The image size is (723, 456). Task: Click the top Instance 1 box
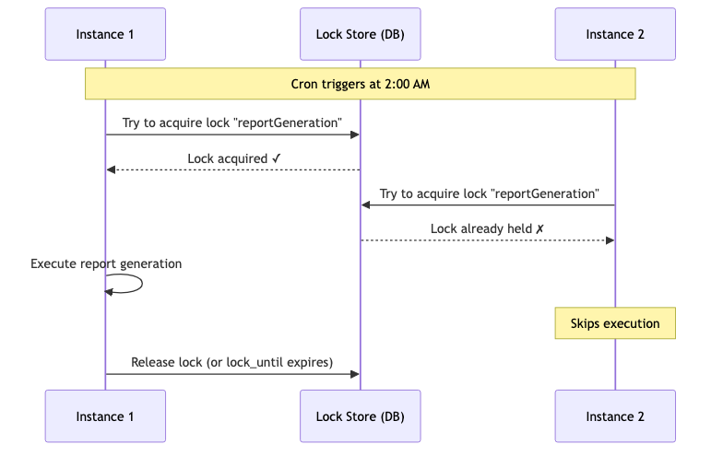[x=105, y=34]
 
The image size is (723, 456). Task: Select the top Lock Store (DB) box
[x=360, y=34]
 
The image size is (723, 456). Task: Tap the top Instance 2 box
[x=615, y=34]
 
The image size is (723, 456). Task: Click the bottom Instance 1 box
[x=105, y=416]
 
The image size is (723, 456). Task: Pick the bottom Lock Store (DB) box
[x=360, y=416]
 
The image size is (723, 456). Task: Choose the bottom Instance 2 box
[x=615, y=416]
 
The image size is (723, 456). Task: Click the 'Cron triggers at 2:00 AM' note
[x=360, y=84]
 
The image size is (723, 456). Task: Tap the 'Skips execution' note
[x=615, y=323]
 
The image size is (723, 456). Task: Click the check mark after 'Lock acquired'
[x=277, y=158]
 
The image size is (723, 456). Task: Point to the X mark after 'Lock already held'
[x=540, y=228]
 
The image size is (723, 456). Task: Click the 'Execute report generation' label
[x=106, y=263]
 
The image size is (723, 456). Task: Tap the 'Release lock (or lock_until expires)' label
[x=232, y=363]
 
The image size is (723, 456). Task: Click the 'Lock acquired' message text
[x=227, y=158]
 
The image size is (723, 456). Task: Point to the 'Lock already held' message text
[x=481, y=228]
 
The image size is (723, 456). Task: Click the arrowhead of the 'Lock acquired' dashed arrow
[x=111, y=170]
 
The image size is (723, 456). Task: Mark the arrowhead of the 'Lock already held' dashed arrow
[x=610, y=240]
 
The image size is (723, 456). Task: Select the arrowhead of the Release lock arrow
[x=354, y=374]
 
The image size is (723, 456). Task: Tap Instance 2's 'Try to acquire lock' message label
[x=489, y=193]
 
